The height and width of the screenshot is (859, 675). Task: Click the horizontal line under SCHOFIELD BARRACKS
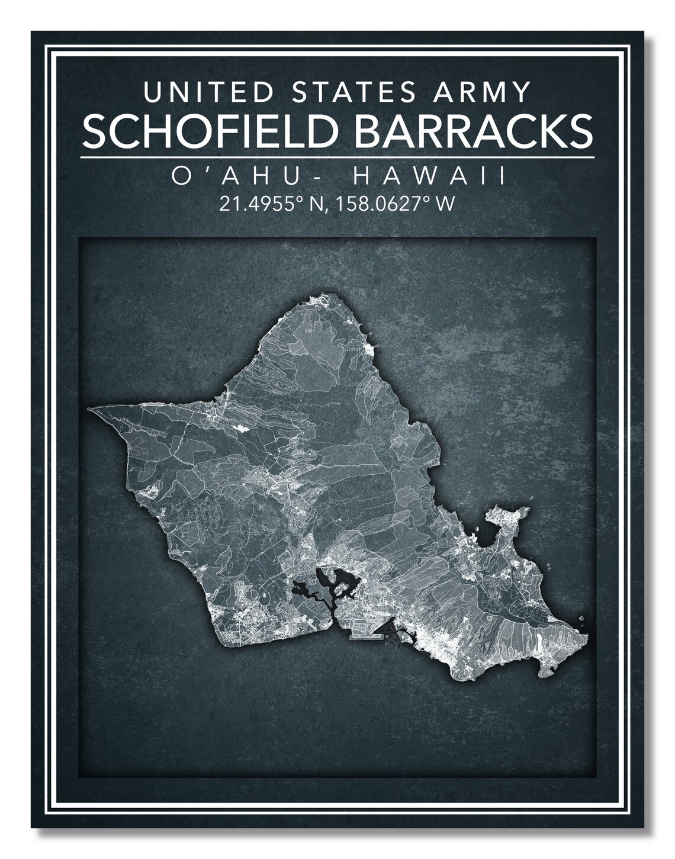[337, 157]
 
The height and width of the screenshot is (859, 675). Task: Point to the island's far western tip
[90, 408]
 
